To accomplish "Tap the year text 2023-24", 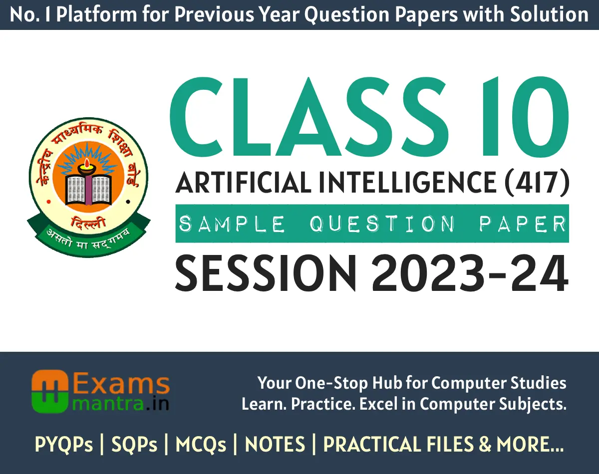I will point(470,273).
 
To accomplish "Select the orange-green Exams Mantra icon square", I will point(50,392).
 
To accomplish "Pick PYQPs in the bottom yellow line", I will point(63,444).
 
